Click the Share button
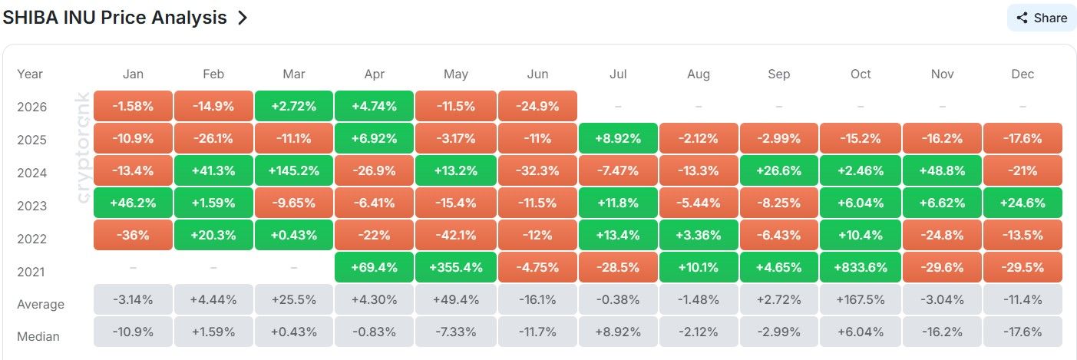point(1041,18)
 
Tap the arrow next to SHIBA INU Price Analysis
point(243,18)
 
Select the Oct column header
point(861,74)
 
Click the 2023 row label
point(31,206)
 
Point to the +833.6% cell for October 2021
point(861,267)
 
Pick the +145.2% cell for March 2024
point(294,170)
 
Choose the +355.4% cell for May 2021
point(456,267)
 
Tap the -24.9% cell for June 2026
point(537,106)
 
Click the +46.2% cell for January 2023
point(133,203)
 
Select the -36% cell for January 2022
point(133,235)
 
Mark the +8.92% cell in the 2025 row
point(618,138)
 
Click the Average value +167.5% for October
point(861,299)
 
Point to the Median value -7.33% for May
point(456,332)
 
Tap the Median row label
point(38,336)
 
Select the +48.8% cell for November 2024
point(942,170)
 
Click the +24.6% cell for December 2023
point(1022,203)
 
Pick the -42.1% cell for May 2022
point(456,235)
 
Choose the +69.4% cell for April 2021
point(374,267)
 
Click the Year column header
point(30,74)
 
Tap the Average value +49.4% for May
point(456,299)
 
